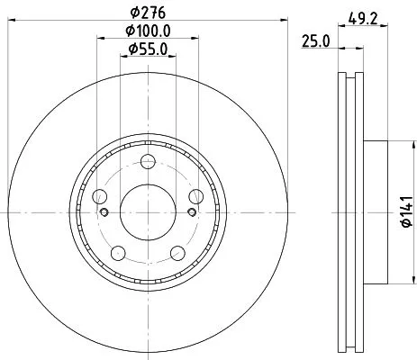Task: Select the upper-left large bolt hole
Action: [x=100, y=196]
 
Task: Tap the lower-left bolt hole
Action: [x=118, y=251]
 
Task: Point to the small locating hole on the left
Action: [x=104, y=212]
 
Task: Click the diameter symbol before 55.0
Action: [x=131, y=49]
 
